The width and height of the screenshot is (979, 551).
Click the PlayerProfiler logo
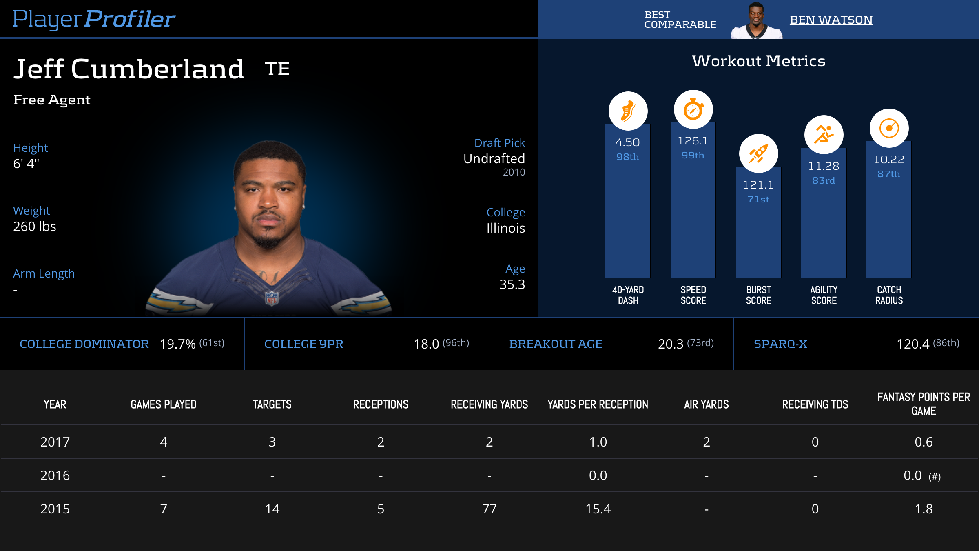(94, 19)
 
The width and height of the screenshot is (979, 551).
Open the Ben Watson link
(831, 20)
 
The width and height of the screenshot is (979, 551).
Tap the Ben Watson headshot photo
(756, 21)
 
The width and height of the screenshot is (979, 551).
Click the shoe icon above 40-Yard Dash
(628, 111)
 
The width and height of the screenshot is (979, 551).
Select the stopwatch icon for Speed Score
(693, 109)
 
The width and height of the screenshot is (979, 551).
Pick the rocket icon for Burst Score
(758, 153)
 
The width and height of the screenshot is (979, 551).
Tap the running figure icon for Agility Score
(824, 135)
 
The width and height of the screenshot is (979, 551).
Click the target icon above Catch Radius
(889, 128)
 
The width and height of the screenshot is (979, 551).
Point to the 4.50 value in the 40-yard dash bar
(627, 142)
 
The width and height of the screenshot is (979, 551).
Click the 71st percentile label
(758, 199)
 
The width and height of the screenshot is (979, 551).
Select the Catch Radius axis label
(889, 295)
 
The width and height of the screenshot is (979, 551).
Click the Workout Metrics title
(758, 61)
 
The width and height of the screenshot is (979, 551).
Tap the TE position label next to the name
(277, 69)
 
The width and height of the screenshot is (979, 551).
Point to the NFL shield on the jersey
(272, 298)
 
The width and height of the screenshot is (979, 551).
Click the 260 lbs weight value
(35, 227)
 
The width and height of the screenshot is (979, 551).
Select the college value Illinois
(505, 228)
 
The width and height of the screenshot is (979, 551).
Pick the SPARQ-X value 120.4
(913, 344)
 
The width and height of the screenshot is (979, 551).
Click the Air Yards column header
(706, 404)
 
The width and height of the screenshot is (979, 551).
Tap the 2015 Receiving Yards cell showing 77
(489, 509)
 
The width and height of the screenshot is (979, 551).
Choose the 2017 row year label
(55, 442)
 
